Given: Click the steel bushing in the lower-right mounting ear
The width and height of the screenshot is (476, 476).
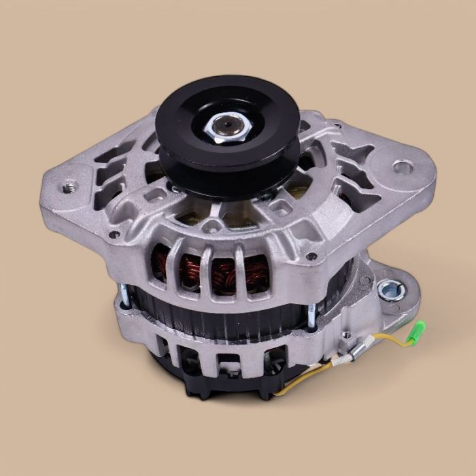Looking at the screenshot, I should click(390, 291).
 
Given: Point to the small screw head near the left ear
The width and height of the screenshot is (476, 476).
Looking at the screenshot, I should click(114, 234).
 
